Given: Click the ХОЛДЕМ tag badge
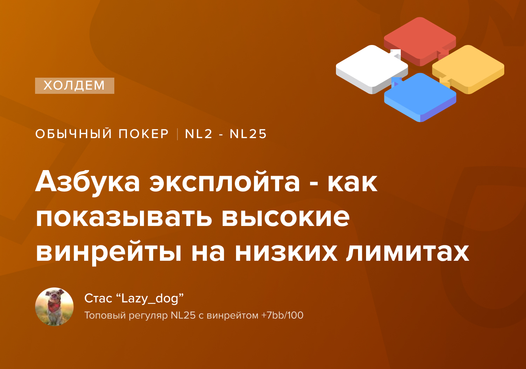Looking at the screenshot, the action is click(75, 86).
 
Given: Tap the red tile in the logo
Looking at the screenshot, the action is click(420, 40).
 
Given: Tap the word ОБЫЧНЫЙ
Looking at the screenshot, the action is click(74, 134).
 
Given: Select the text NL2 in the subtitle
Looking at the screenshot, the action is click(199, 134).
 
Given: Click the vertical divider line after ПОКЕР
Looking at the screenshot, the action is click(177, 134).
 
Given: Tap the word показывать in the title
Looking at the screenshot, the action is click(124, 218).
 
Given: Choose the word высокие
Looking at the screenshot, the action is click(285, 218).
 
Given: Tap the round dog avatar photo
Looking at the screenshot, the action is click(54, 307).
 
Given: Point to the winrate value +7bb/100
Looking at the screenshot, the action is click(282, 315).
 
